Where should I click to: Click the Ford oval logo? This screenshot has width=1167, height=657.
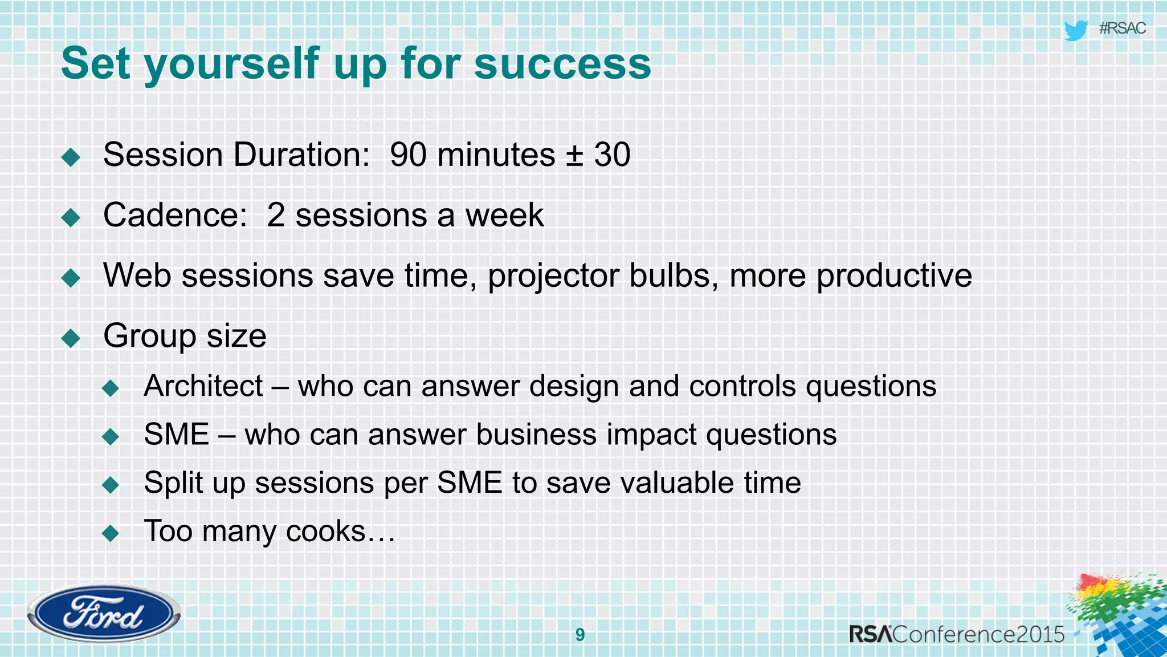[x=103, y=614]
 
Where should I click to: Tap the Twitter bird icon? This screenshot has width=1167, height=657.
[x=1075, y=30]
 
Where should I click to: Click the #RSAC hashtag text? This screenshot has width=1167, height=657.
[x=1122, y=29]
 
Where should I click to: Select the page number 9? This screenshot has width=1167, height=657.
[x=580, y=634]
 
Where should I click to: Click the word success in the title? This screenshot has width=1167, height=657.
[x=562, y=63]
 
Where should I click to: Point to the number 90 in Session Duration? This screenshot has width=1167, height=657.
[x=408, y=155]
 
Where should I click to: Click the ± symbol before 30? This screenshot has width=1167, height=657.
[x=574, y=155]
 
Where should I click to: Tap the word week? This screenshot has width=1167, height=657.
[x=504, y=215]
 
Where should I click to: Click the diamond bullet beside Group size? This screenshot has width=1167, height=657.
[x=71, y=338]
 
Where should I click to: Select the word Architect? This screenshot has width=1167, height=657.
[x=203, y=386]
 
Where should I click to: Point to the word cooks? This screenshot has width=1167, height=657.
[x=325, y=532]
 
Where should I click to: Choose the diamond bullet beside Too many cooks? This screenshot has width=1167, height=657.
[x=111, y=534]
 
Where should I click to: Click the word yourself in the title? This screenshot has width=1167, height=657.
[x=232, y=63]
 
